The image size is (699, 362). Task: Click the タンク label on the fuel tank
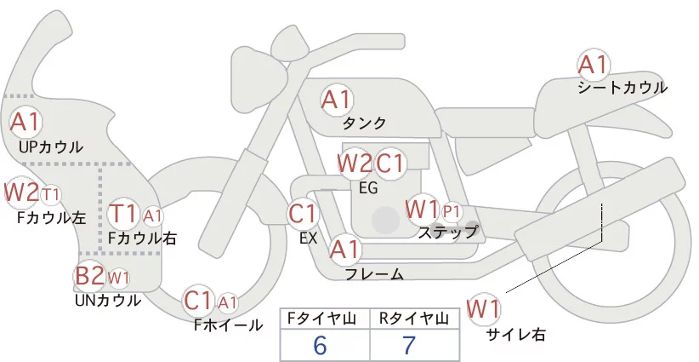(x=364, y=123)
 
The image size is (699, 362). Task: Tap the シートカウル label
(x=622, y=88)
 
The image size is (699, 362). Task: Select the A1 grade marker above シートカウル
(x=593, y=66)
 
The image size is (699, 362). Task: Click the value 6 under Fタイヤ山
(x=320, y=345)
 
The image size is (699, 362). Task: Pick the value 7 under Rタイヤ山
(x=409, y=345)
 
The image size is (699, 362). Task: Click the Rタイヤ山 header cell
(x=414, y=319)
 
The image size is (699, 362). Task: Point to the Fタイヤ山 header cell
(x=325, y=319)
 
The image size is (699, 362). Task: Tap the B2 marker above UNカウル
(x=89, y=276)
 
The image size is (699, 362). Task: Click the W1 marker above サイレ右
(x=483, y=308)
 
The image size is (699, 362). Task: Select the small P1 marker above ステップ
(x=452, y=212)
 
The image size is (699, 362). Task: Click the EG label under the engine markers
(x=368, y=188)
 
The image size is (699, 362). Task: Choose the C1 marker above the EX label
(x=303, y=213)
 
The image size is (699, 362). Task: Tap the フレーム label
(x=374, y=273)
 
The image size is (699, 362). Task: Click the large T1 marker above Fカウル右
(x=123, y=214)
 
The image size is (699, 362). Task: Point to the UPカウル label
(x=51, y=147)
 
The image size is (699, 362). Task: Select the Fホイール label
(x=228, y=325)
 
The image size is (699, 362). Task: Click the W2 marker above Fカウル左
(x=21, y=192)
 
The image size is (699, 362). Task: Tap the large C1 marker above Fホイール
(x=198, y=301)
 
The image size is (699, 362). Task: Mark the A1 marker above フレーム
(x=345, y=249)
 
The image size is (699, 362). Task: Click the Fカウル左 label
(x=52, y=218)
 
